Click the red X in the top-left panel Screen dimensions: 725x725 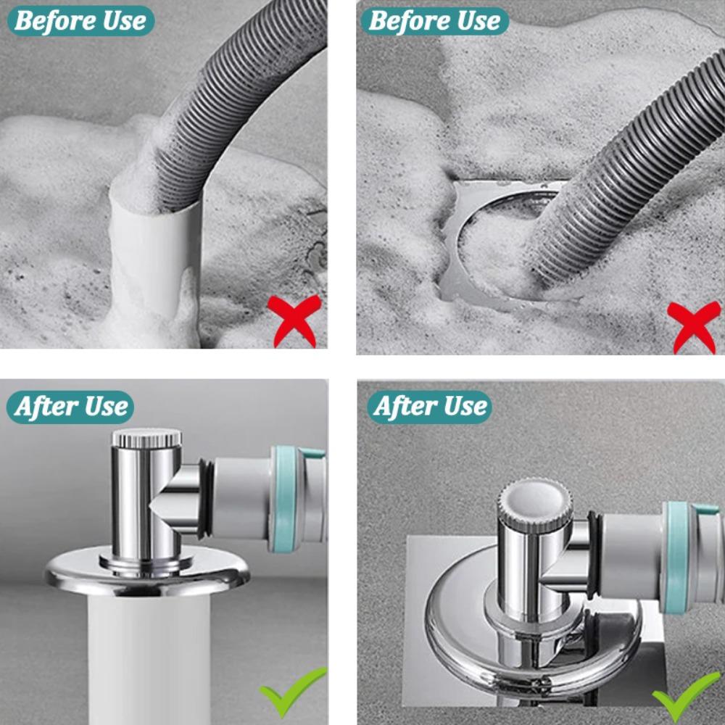294,319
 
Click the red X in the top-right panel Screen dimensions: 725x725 693,326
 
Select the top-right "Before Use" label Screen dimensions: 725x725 434,21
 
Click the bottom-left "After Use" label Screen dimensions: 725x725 70,407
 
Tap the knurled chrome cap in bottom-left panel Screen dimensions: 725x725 146,438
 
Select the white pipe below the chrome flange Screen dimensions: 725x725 149,660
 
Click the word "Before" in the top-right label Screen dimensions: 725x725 410,21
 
